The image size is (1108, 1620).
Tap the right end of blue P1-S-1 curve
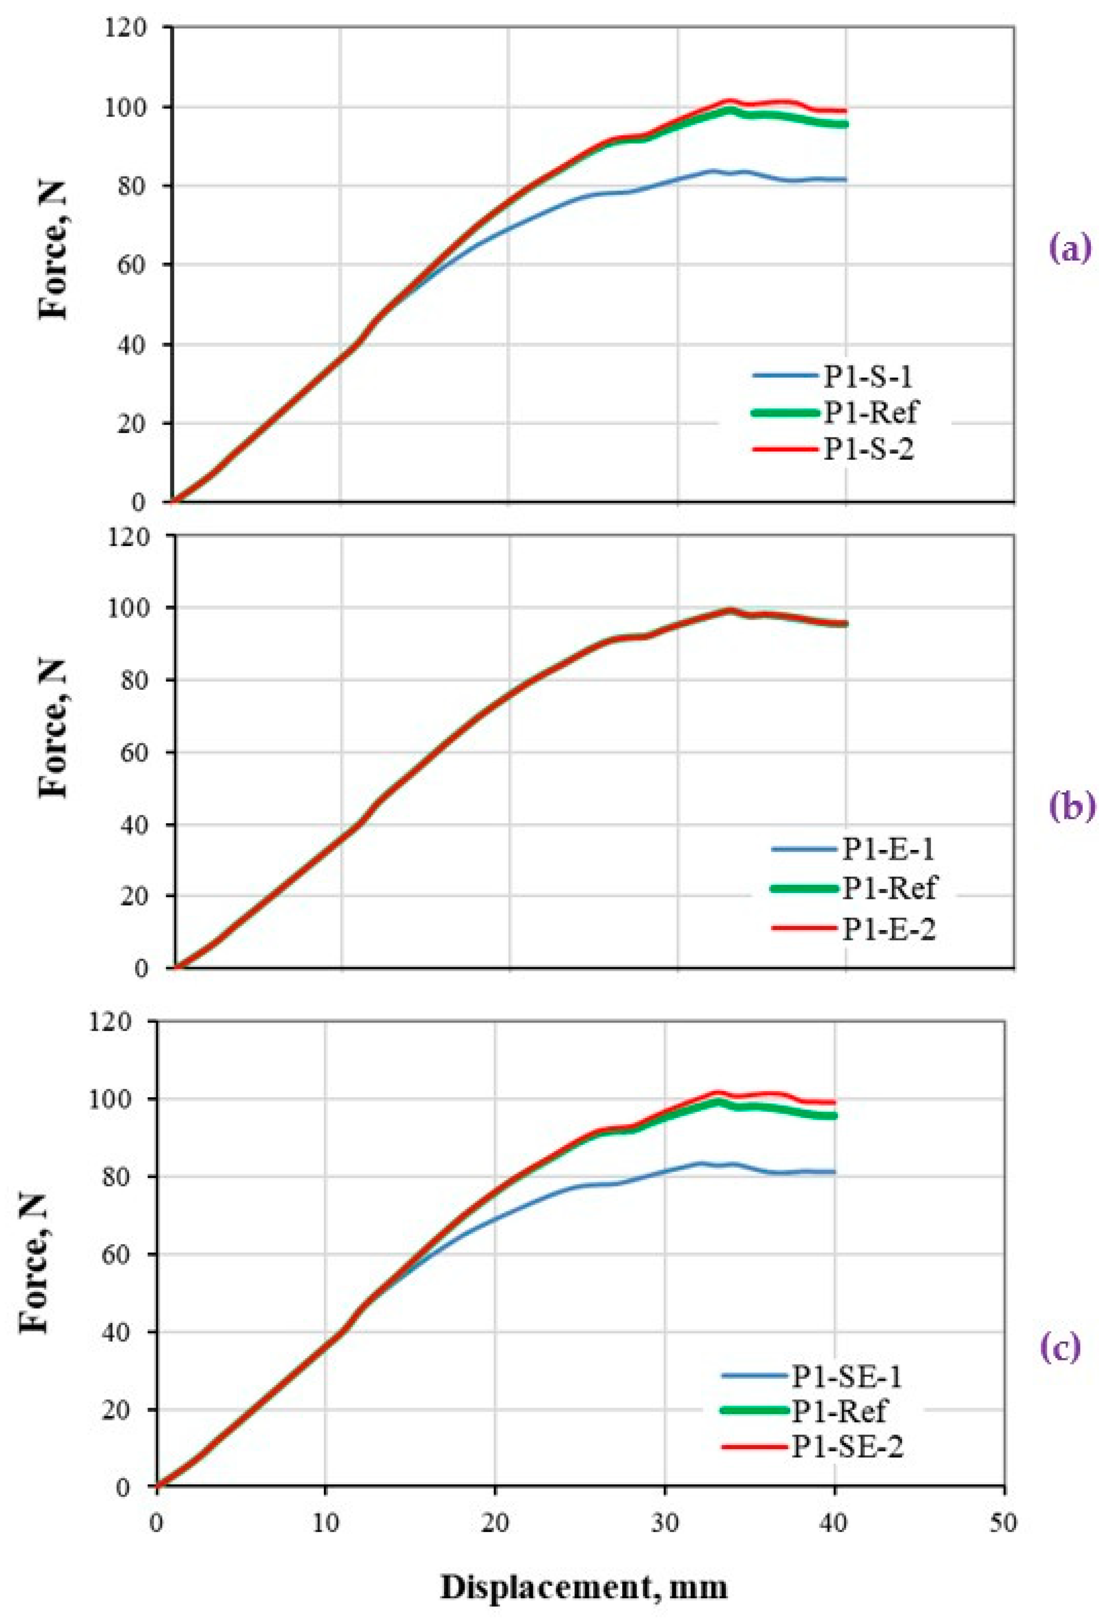pos(845,180)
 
